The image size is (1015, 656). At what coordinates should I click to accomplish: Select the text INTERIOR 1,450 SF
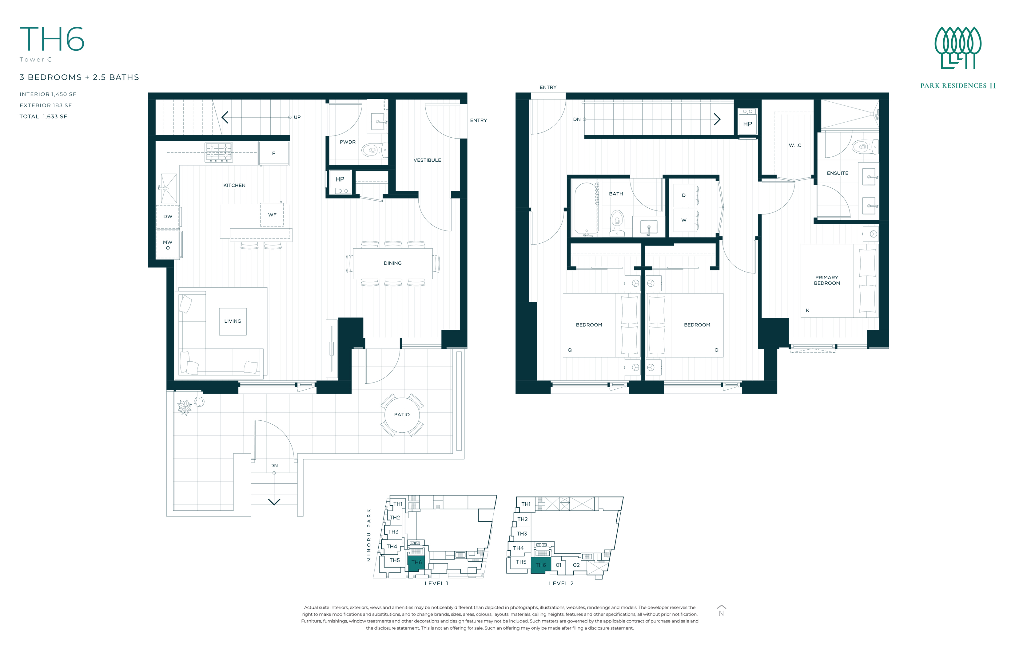click(48, 94)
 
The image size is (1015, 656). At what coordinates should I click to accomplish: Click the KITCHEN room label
click(234, 185)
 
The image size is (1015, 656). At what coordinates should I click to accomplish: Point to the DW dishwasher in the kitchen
click(168, 216)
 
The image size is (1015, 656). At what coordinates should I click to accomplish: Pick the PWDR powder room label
click(348, 142)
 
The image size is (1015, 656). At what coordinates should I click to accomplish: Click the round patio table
click(402, 414)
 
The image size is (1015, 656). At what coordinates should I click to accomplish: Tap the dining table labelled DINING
click(392, 263)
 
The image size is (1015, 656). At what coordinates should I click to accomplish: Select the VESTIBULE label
click(427, 160)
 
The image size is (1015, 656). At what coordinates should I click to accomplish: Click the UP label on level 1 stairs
click(297, 117)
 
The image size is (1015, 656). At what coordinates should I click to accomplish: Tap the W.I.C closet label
click(794, 145)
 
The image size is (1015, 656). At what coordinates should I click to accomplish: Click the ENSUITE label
click(837, 173)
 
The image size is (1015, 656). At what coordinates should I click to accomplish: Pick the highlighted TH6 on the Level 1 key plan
click(416, 562)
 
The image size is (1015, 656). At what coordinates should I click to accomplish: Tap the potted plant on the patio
click(185, 407)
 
